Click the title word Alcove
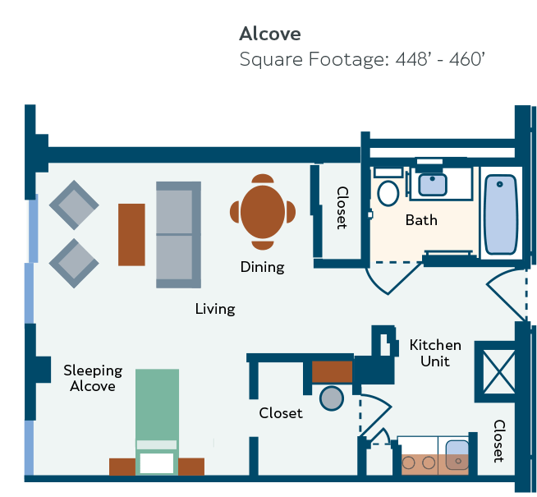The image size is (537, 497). pyautogui.click(x=270, y=34)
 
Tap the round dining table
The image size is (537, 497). pyautogui.click(x=263, y=212)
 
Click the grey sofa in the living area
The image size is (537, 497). pyautogui.click(x=178, y=235)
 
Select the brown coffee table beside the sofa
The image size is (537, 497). pyautogui.click(x=131, y=235)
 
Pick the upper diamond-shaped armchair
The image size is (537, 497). pyautogui.click(x=74, y=205)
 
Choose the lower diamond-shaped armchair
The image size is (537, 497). pyautogui.click(x=74, y=263)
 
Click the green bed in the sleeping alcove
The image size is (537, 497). pyautogui.click(x=157, y=422)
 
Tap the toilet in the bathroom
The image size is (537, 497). pyautogui.click(x=388, y=193)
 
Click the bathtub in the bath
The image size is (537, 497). pyautogui.click(x=500, y=214)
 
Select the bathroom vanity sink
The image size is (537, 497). pyautogui.click(x=433, y=185)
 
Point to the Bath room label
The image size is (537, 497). pyautogui.click(x=421, y=220)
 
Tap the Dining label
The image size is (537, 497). pyautogui.click(x=262, y=268)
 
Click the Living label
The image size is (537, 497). pyautogui.click(x=215, y=310)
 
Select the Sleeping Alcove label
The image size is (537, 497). pyautogui.click(x=93, y=378)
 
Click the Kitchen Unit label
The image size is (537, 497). pyautogui.click(x=435, y=353)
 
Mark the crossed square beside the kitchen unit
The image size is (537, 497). pyautogui.click(x=498, y=371)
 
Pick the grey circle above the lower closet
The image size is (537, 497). pyautogui.click(x=332, y=398)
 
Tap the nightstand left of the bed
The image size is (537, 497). pyautogui.click(x=122, y=467)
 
